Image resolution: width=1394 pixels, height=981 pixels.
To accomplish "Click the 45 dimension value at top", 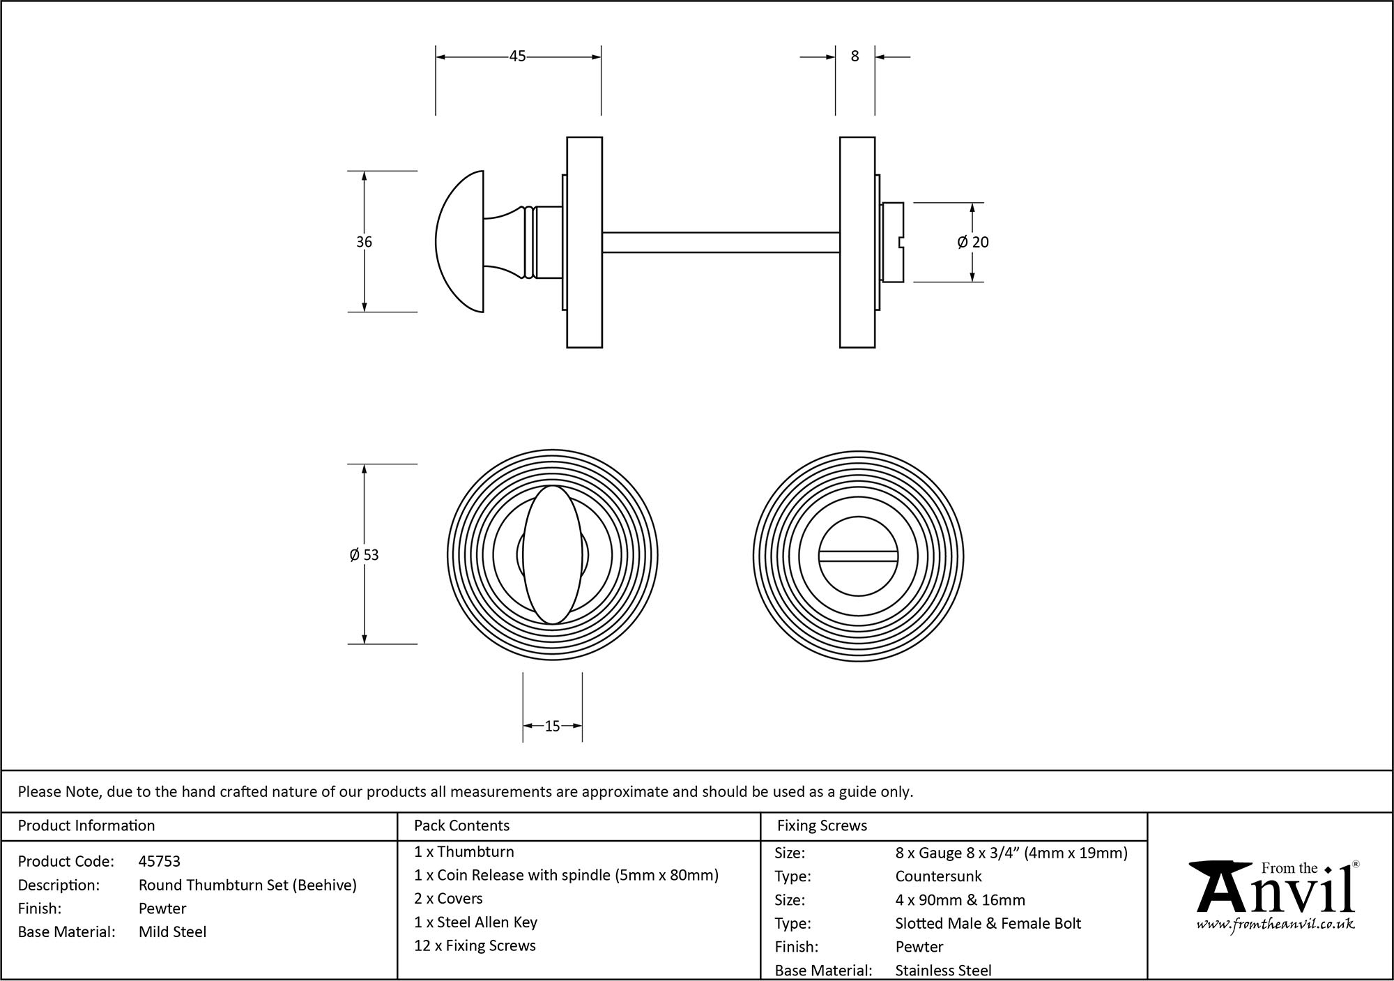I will [x=517, y=56].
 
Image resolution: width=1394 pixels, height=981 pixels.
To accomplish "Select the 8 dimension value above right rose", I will [x=855, y=56].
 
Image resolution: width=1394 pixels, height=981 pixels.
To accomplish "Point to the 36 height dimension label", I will [x=364, y=242].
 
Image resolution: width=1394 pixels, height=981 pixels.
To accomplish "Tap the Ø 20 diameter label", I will [x=973, y=242].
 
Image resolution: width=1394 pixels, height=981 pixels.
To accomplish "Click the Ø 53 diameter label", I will [x=364, y=555].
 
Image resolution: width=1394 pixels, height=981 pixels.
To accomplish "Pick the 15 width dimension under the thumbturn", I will [x=552, y=727].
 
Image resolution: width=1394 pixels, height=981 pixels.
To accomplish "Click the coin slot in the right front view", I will [x=858, y=556].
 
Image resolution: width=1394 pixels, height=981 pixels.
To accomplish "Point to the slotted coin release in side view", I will [x=893, y=242].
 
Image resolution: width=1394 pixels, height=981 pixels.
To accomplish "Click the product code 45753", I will [x=160, y=861].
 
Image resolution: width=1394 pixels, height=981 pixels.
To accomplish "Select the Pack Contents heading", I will [x=461, y=826].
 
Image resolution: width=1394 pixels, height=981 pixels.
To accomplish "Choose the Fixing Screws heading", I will [x=822, y=826].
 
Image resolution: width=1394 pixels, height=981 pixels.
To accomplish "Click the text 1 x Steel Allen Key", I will [x=475, y=922].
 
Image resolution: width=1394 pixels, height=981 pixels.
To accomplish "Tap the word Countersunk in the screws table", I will [x=938, y=876].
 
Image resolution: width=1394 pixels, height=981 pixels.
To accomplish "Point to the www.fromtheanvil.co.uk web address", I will [x=1275, y=925].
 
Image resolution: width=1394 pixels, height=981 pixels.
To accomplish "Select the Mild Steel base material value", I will [x=172, y=931].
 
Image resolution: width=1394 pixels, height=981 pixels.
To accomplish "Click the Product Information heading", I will [x=86, y=826].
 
